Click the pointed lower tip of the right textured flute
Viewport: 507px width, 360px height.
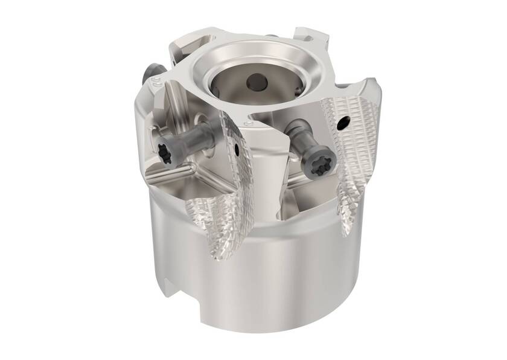tap(347, 233)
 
